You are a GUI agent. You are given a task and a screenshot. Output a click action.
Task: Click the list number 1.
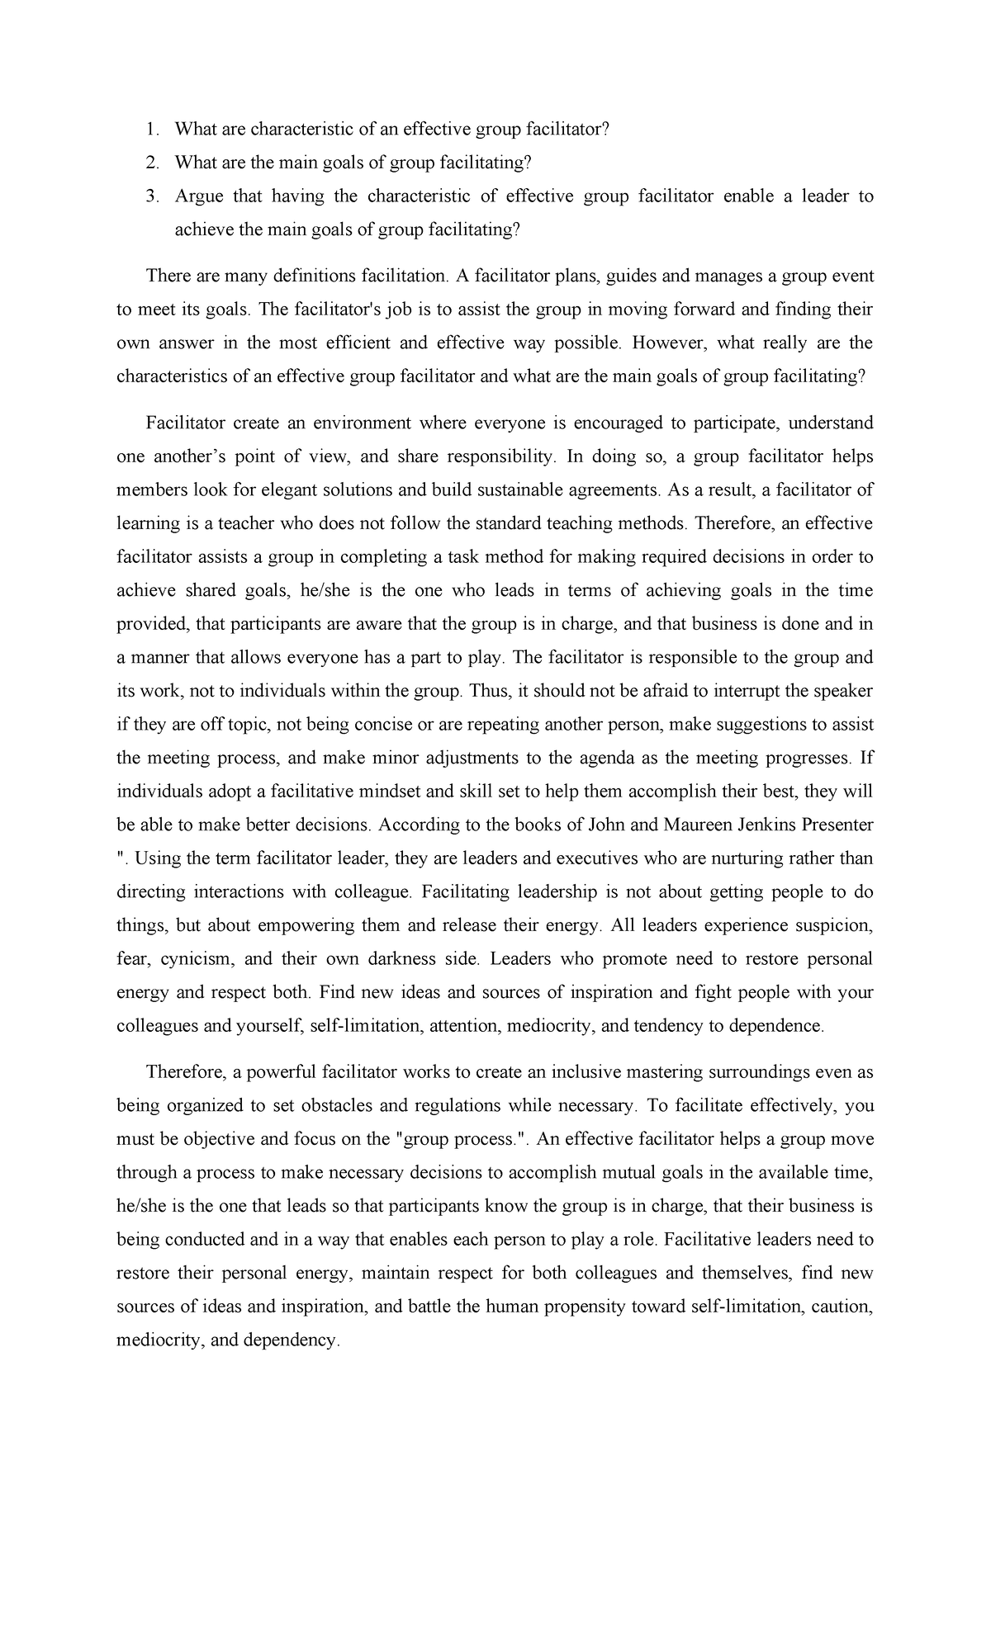point(149,130)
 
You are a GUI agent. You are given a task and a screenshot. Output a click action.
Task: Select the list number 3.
point(150,196)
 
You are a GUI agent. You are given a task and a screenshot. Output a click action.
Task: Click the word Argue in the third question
point(197,196)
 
